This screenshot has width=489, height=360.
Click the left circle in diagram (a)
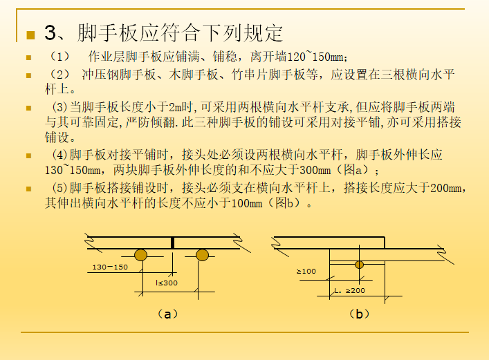pos(140,255)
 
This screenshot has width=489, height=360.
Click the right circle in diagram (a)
pos(202,255)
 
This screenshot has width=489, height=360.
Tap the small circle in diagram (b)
pos(359,264)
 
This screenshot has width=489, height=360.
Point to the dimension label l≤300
pos(166,283)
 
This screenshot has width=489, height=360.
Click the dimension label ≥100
pos(306,272)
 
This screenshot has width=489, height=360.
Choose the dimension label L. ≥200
pos(349,290)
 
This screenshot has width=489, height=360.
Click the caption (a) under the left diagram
pos(164,314)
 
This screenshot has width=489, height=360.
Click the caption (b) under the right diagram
pos(358,314)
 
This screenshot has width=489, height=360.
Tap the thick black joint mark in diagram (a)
pos(172,243)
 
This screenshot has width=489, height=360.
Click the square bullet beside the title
pos(30,35)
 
